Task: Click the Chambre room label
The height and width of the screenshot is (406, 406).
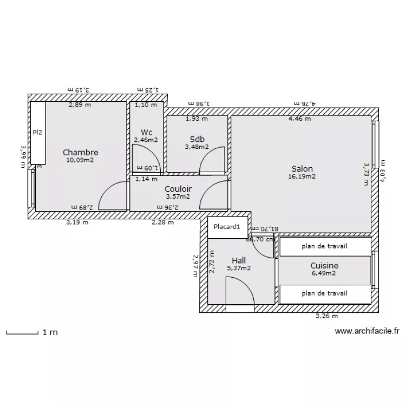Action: coord(80,152)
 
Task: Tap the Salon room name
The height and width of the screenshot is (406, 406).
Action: coord(302,168)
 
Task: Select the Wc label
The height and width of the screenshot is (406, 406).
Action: coord(146,132)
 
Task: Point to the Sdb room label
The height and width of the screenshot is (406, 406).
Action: coord(197,139)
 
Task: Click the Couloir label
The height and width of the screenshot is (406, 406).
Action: coord(178,188)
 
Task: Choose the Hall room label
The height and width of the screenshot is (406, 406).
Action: coord(239,260)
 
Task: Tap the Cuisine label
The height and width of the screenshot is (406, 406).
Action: coord(324,265)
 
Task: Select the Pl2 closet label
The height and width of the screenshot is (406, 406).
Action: coord(37,132)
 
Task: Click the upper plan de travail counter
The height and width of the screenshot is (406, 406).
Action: coord(324,246)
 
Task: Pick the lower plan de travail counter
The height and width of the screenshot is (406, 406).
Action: coord(324,293)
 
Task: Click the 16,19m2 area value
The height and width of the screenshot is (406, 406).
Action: coord(302,176)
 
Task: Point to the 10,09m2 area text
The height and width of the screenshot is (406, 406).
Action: coord(80,160)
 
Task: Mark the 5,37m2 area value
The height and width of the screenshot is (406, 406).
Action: coord(239,268)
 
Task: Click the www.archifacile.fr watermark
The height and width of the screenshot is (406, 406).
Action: coord(367,331)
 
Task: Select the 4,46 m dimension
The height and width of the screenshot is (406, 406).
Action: coord(299,119)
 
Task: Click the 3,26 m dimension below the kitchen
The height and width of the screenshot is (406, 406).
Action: coord(326,316)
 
